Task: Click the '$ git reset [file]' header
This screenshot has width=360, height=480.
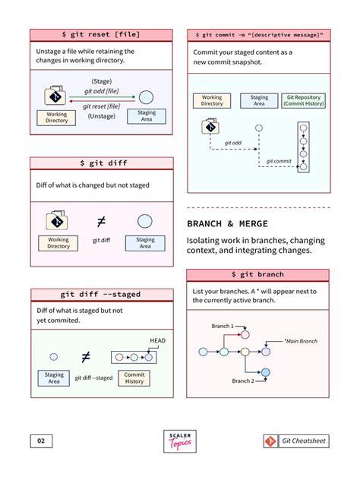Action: [101, 34]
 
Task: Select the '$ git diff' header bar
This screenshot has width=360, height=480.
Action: [101, 163]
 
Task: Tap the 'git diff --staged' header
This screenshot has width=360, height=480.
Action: [101, 294]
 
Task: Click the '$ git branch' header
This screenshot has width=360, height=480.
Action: [257, 274]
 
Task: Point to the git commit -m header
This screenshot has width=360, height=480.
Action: [257, 34]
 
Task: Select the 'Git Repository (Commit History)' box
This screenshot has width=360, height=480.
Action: [303, 100]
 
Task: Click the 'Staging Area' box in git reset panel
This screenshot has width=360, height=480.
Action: [147, 116]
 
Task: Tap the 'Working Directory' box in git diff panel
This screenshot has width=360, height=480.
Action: [58, 242]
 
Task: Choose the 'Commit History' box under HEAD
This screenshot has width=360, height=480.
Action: [134, 377]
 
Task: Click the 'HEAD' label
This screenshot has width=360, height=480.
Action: [157, 340]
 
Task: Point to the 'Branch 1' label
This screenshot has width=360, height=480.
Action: [223, 326]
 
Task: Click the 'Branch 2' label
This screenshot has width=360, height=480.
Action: [243, 381]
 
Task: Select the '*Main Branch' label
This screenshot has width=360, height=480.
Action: [300, 341]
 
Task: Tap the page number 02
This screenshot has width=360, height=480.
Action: [41, 441]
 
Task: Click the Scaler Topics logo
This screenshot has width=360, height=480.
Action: [179, 441]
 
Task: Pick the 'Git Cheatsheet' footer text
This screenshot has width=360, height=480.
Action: [303, 441]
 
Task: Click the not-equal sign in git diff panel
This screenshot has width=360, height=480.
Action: [102, 222]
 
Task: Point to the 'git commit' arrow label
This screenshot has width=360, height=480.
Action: [279, 161]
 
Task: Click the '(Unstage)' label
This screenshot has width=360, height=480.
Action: [101, 116]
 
